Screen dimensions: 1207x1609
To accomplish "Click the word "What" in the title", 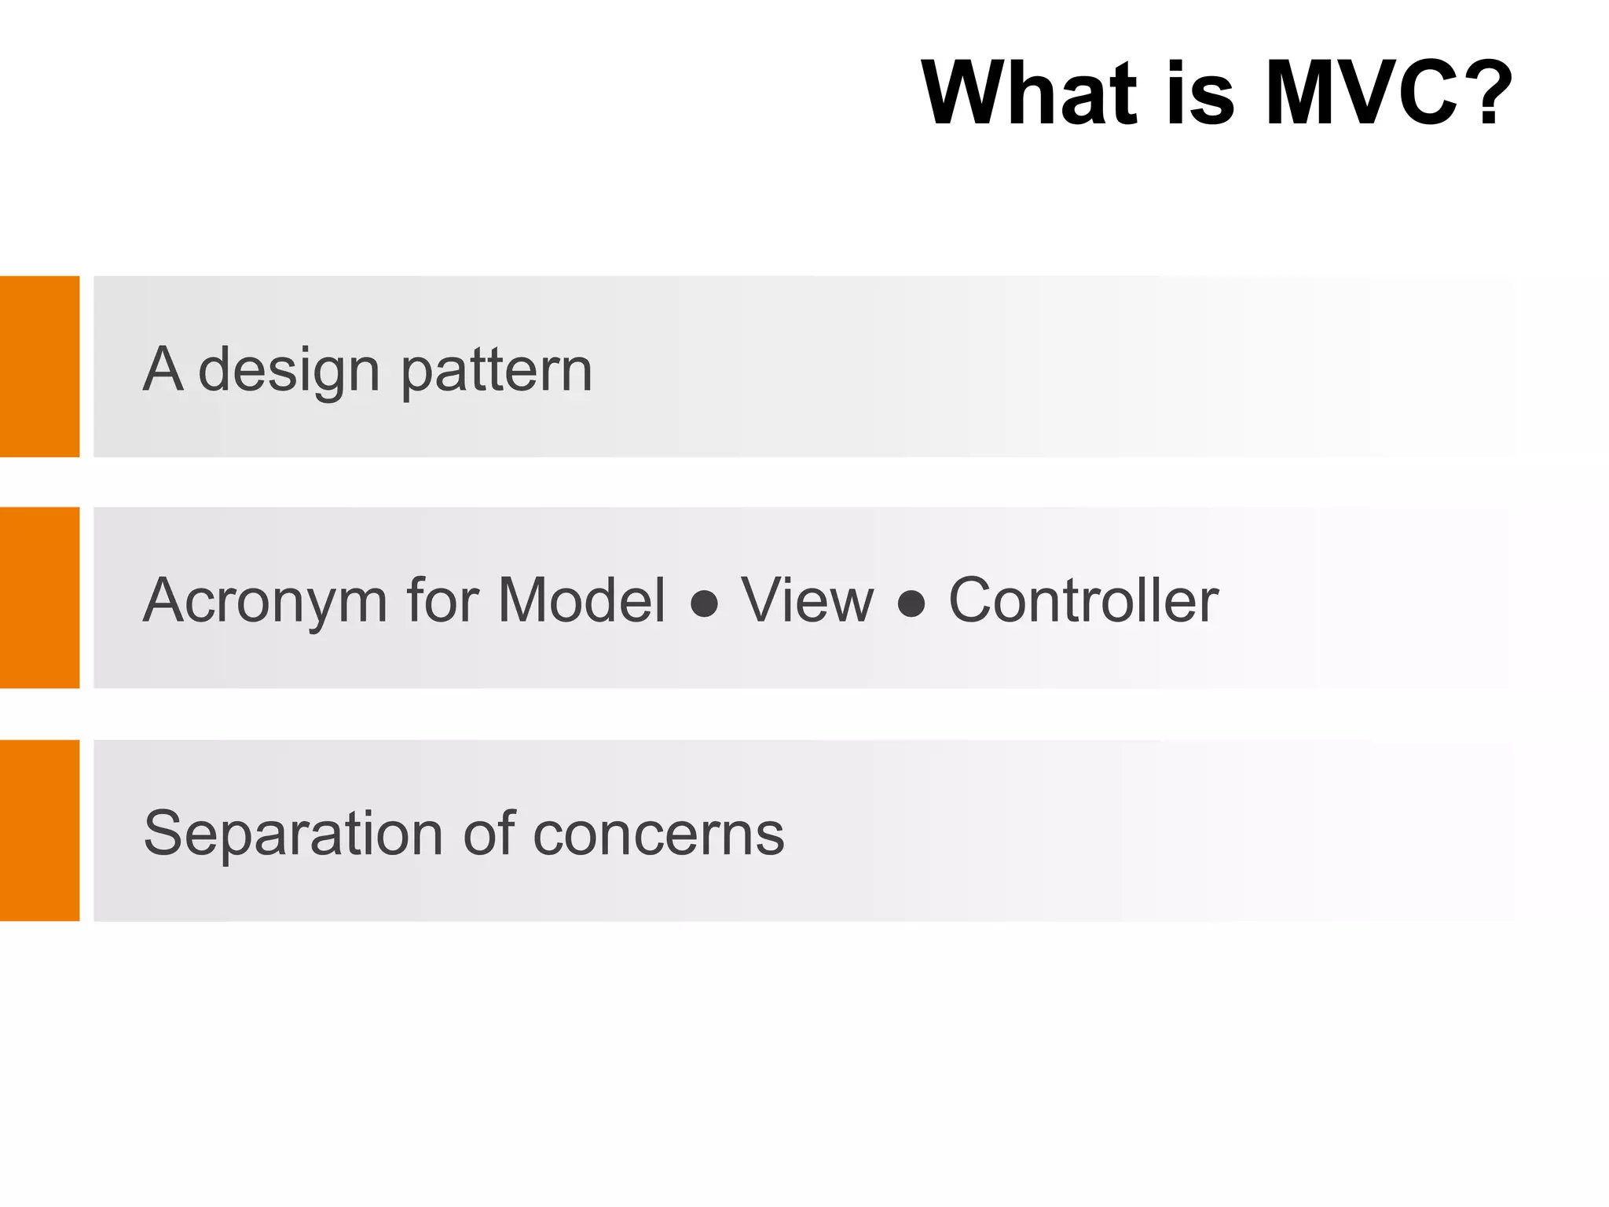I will (x=1029, y=93).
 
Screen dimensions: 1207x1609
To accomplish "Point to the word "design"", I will (x=289, y=371).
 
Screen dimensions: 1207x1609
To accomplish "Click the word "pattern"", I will (x=497, y=371).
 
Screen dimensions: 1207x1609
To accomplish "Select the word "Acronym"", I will (x=266, y=602).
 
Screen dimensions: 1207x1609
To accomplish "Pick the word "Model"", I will (x=581, y=600).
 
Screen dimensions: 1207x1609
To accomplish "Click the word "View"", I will (x=807, y=600).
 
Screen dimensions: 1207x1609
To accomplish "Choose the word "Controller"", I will (x=1083, y=600).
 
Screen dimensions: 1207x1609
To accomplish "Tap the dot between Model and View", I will (x=704, y=604).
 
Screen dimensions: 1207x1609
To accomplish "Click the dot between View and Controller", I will (x=911, y=604).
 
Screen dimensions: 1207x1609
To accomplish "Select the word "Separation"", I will (x=294, y=833).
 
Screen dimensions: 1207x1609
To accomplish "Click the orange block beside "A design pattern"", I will (x=39, y=366).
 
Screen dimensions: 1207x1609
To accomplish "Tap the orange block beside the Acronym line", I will (x=39, y=597).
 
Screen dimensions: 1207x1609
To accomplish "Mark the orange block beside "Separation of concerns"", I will (x=39, y=830).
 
